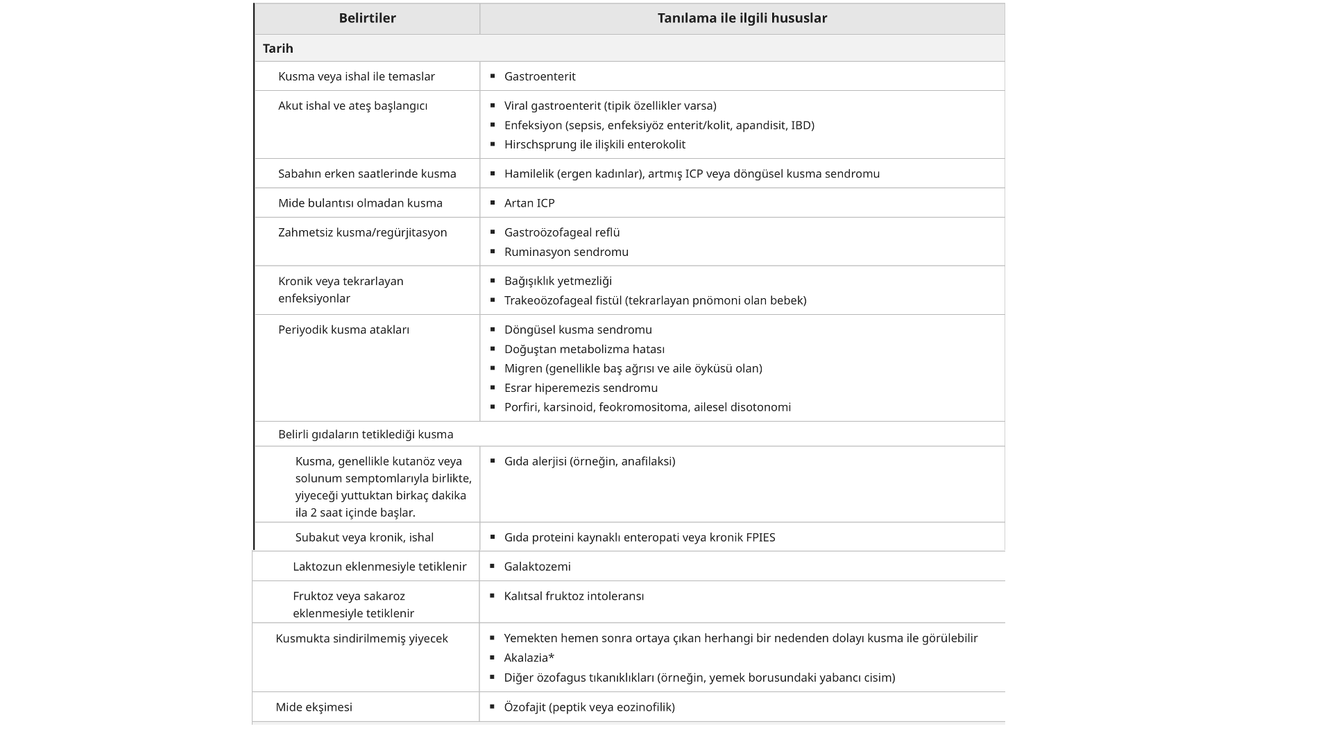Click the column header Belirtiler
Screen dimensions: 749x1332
pos(367,19)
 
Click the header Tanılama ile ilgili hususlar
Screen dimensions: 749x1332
pos(742,19)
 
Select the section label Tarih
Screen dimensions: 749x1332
pos(278,49)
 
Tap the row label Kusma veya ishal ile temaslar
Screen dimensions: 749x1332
pos(356,76)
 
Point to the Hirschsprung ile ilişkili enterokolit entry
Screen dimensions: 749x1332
pos(595,144)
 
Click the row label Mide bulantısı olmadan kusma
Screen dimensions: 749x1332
pos(360,203)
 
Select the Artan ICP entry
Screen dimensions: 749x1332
pos(529,203)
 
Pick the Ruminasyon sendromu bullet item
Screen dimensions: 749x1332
pos(566,252)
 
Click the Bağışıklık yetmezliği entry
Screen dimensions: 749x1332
pos(558,281)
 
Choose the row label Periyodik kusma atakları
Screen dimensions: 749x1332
pos(343,329)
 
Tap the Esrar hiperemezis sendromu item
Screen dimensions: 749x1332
pos(581,388)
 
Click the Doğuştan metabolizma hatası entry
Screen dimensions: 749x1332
pos(584,349)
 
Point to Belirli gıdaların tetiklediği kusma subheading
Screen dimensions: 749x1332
pos(366,434)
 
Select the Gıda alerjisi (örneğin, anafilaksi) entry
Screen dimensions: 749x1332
pos(589,461)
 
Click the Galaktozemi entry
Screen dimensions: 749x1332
pos(537,567)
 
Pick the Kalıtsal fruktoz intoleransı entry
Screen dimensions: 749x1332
pos(574,596)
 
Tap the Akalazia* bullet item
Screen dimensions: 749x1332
pos(529,657)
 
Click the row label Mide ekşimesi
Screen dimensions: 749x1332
pos(314,707)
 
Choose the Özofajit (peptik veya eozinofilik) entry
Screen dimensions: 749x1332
pos(589,707)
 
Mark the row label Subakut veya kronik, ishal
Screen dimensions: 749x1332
pos(364,537)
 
